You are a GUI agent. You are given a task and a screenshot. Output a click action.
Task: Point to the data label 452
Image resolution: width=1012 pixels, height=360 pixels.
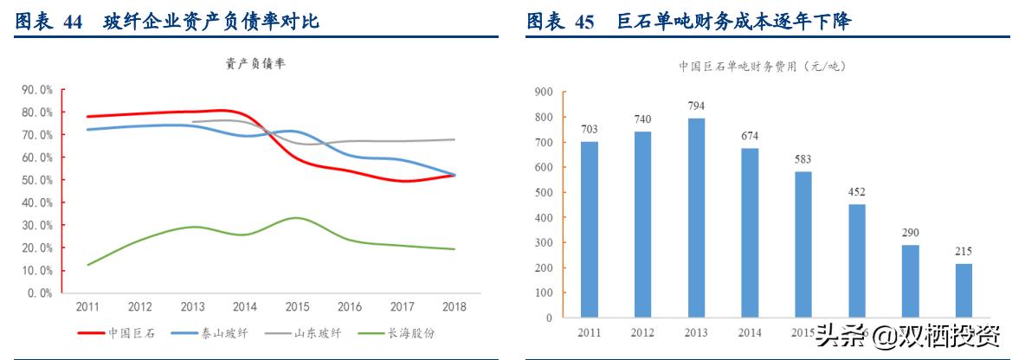[857, 191]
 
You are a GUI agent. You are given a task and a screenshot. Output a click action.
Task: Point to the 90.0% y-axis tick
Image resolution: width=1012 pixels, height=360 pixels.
[37, 89]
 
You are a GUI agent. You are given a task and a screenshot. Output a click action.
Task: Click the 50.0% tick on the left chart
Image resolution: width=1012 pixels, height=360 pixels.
[37, 180]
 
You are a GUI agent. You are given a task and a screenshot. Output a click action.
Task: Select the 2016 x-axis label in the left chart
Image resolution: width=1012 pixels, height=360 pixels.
[349, 306]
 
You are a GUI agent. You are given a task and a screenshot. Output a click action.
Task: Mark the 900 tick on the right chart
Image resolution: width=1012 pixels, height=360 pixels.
[544, 91]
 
